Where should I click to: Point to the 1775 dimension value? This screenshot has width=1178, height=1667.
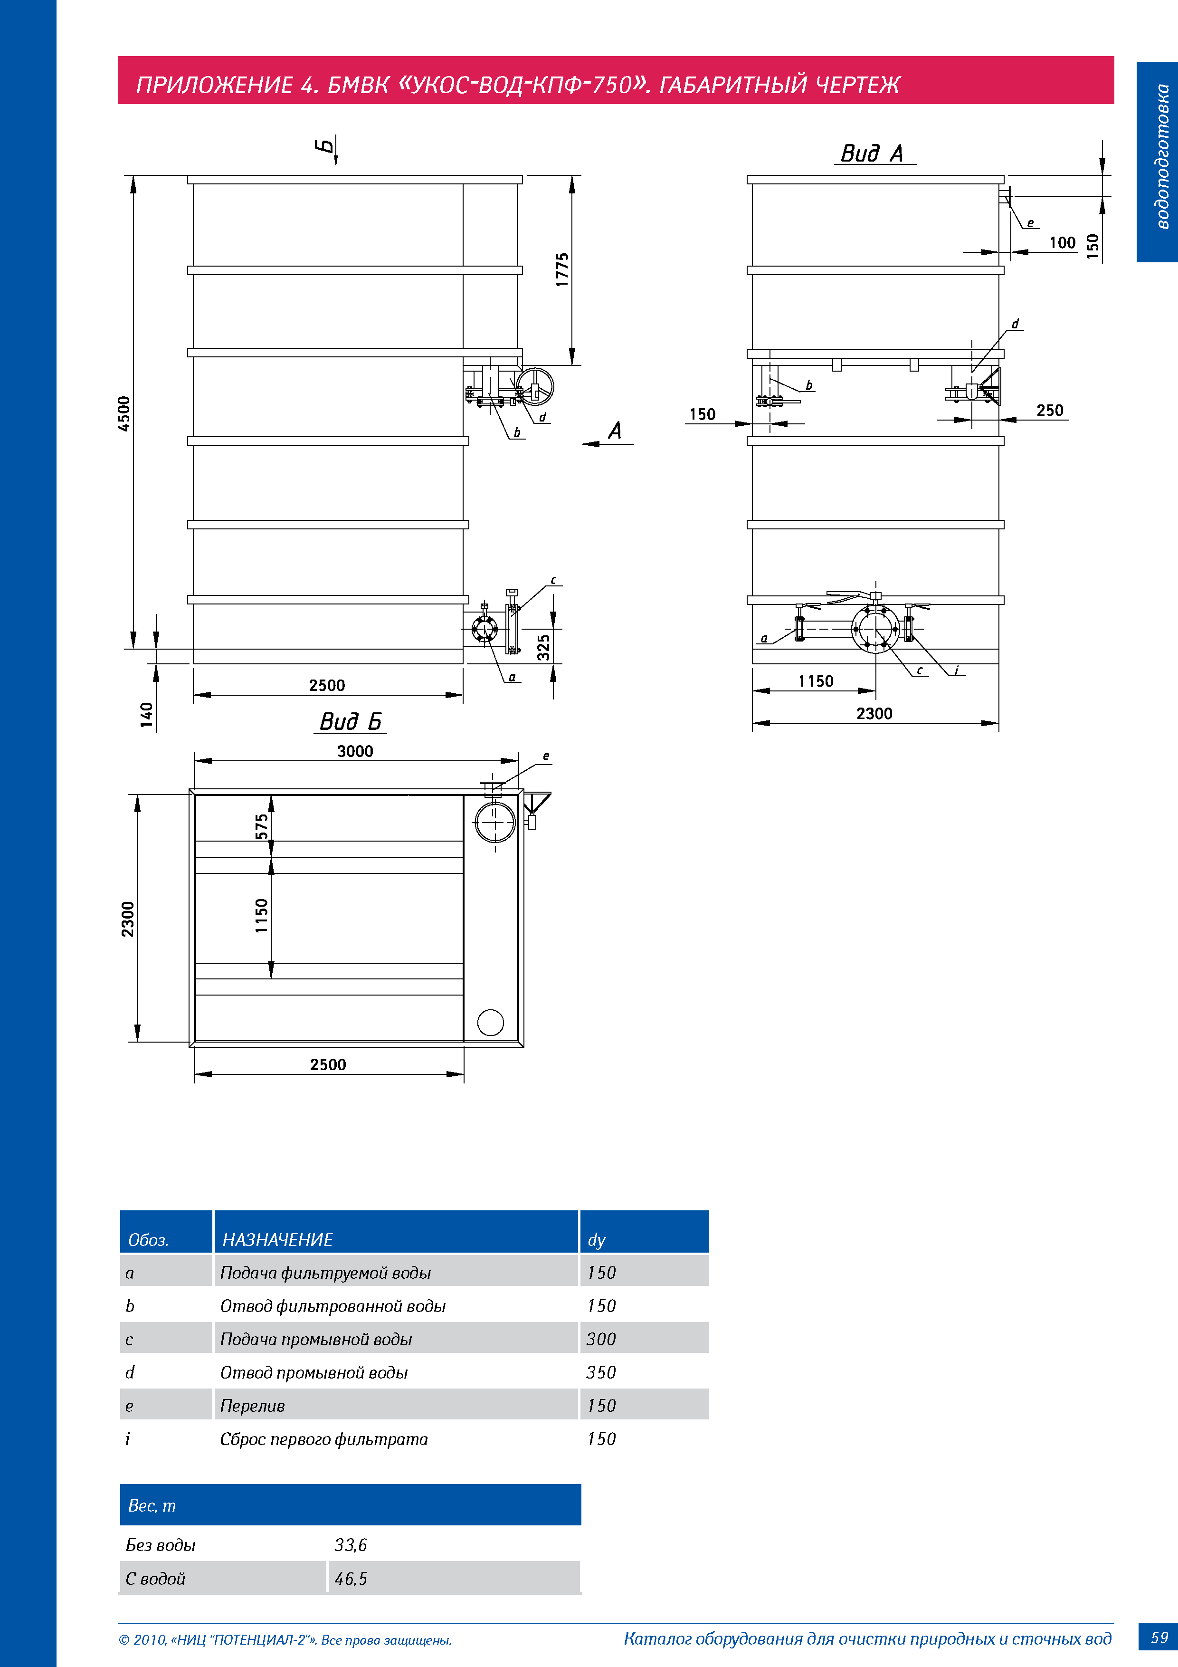tap(562, 269)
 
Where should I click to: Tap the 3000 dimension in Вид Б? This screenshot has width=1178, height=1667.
tap(355, 751)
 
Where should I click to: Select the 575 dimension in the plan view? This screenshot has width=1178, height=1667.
tap(261, 826)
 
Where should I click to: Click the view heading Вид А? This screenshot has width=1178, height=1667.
tap(873, 153)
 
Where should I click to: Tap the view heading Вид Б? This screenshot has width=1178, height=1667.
tap(351, 722)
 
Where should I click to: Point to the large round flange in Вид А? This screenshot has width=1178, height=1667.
tap(875, 629)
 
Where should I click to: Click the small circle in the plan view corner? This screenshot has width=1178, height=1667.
tap(491, 1022)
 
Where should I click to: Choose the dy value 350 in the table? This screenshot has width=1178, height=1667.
tap(601, 1372)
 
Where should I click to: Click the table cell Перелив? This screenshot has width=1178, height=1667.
tap(253, 1406)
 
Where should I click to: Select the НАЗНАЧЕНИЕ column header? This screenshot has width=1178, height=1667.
tap(277, 1239)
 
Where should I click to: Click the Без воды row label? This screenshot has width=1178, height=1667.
tap(161, 1545)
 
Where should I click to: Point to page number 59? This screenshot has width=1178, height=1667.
tap(1159, 1638)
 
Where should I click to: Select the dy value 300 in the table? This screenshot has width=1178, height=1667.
tap(601, 1339)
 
